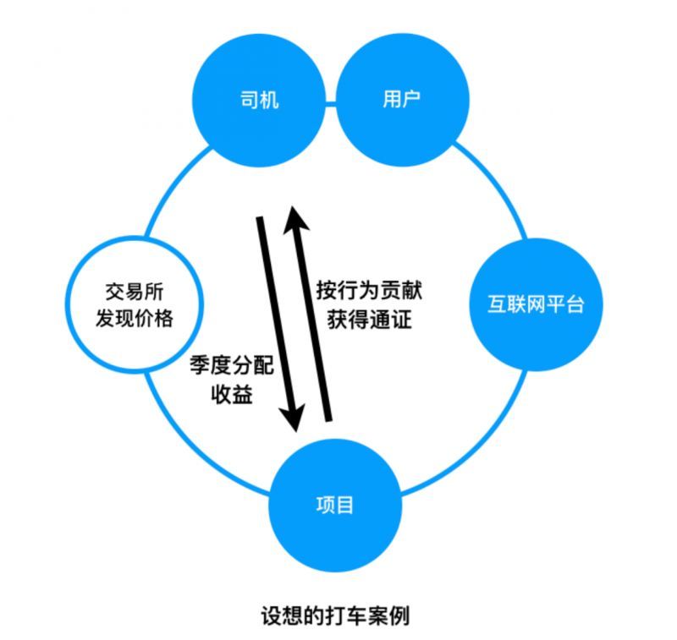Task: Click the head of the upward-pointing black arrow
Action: coord(294,215)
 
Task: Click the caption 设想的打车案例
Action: coord(335,615)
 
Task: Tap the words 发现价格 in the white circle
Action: coord(135,319)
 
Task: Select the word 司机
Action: coord(260,101)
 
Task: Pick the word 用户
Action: coord(402,101)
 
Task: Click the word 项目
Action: coord(335,506)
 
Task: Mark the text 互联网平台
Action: coord(536,304)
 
